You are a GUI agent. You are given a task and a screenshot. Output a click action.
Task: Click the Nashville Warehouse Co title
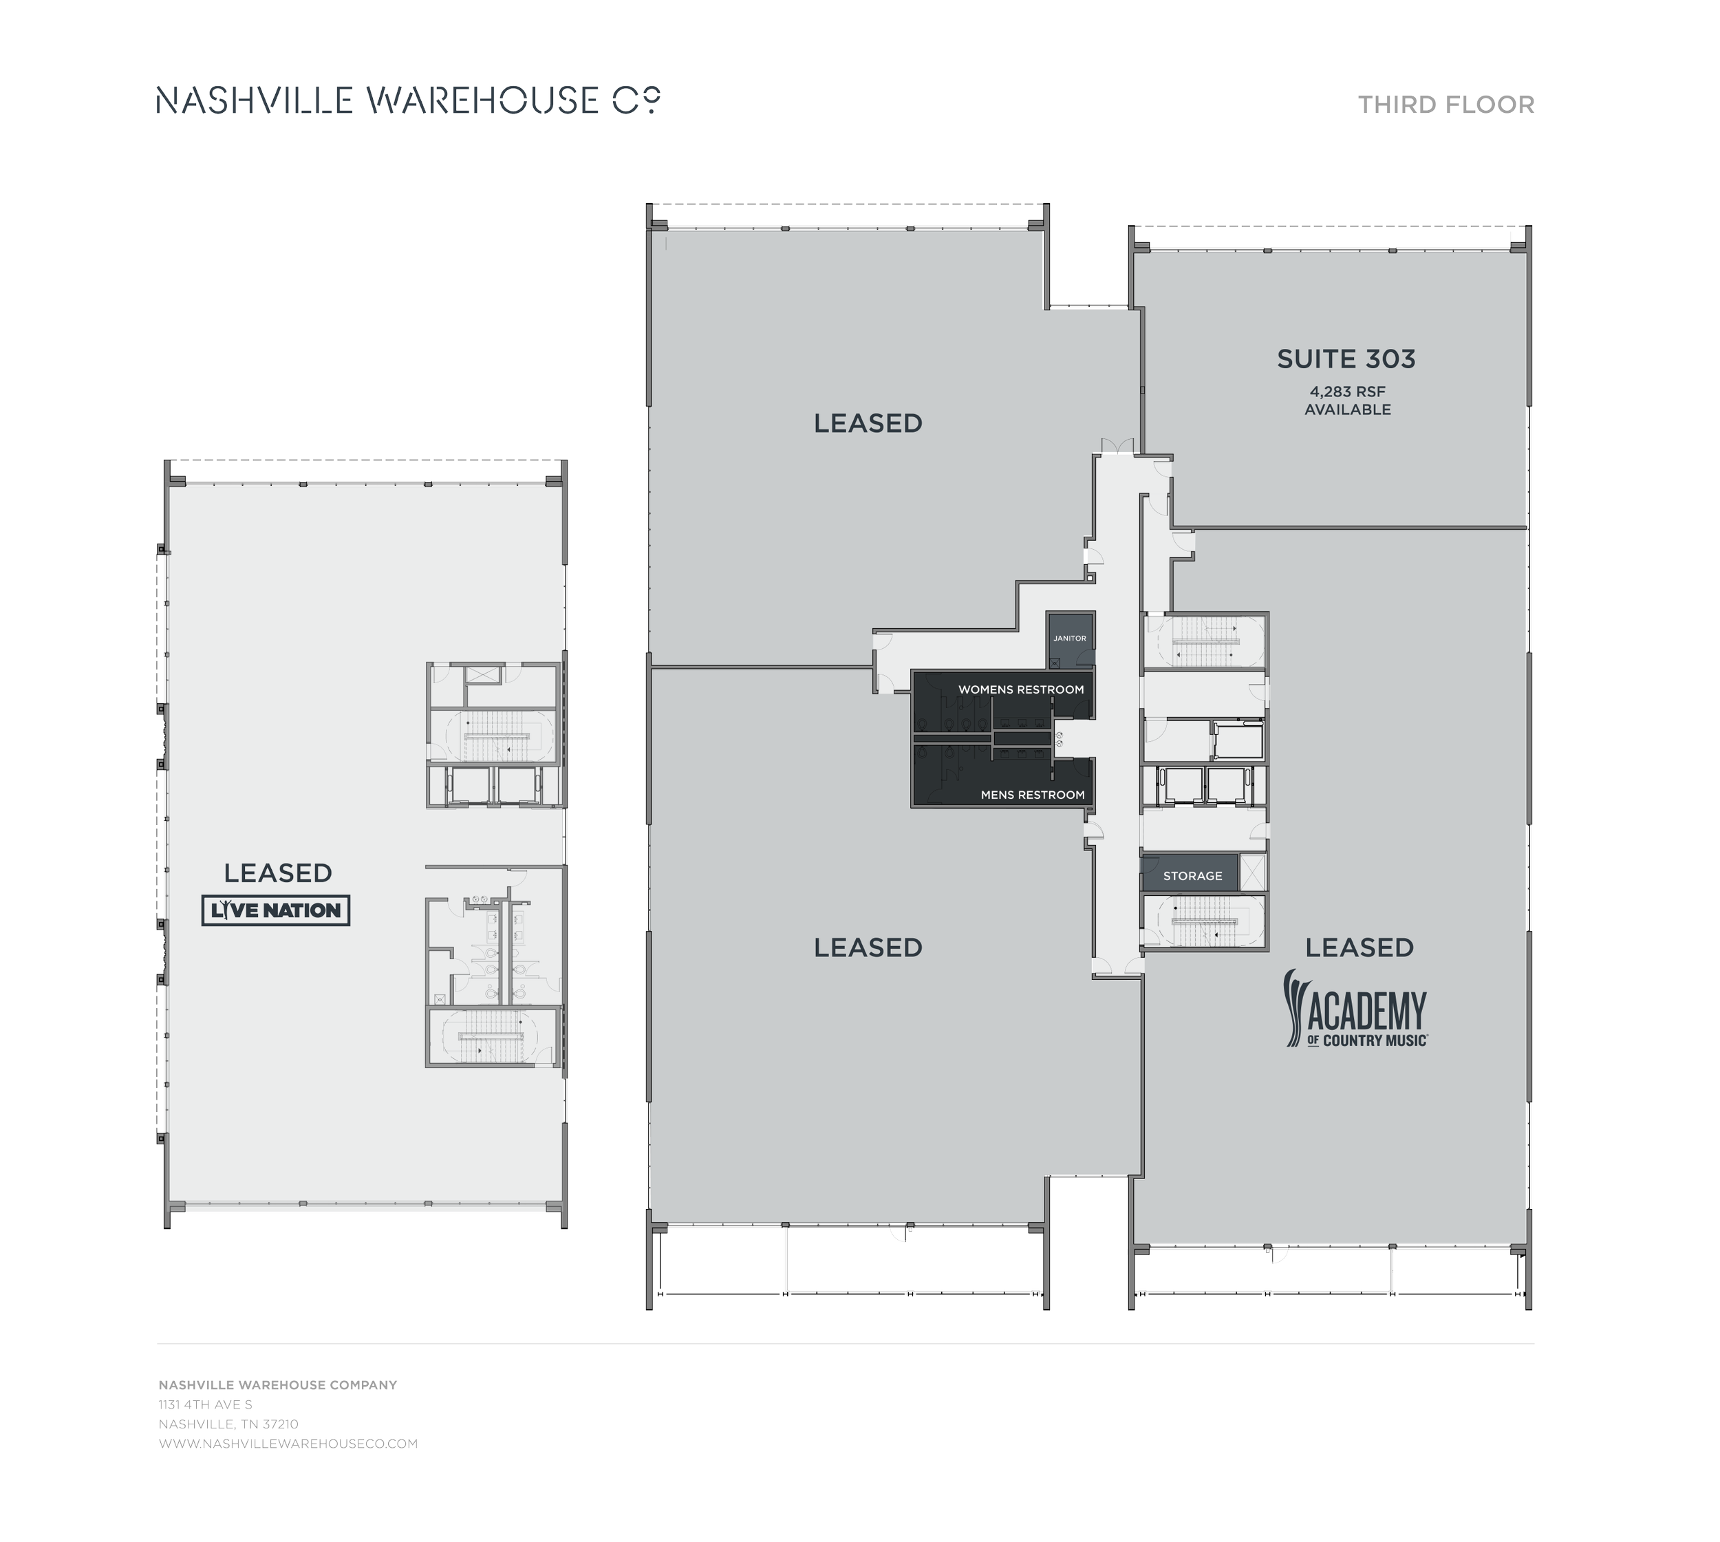pyautogui.click(x=407, y=101)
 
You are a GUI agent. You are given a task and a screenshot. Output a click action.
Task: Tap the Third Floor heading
pyautogui.click(x=1446, y=105)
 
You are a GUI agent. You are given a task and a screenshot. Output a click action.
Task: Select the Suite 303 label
pyautogui.click(x=1346, y=359)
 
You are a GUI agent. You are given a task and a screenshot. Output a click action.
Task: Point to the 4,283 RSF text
pyautogui.click(x=1347, y=392)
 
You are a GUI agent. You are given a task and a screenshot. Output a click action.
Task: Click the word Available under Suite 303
pyautogui.click(x=1347, y=410)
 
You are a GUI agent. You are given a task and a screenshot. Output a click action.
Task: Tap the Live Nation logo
pyautogui.click(x=275, y=911)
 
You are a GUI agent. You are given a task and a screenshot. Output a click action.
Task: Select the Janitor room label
pyautogui.click(x=1069, y=639)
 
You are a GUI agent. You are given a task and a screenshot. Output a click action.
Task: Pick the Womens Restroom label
pyautogui.click(x=1021, y=689)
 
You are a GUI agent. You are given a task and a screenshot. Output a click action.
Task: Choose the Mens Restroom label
pyautogui.click(x=1032, y=795)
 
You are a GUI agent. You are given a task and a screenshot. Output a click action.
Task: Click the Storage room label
pyautogui.click(x=1192, y=876)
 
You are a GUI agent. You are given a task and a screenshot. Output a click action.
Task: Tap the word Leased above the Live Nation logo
pyautogui.click(x=277, y=872)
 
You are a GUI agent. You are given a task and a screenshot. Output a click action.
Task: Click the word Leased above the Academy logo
pyautogui.click(x=1359, y=947)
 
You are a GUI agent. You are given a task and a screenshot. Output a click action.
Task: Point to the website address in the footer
pyautogui.click(x=288, y=1444)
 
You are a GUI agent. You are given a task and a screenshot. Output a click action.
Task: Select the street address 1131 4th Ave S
pyautogui.click(x=206, y=1405)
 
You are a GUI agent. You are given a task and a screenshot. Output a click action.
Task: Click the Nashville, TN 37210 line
pyautogui.click(x=229, y=1424)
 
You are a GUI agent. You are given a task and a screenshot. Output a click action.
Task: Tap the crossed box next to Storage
pyautogui.click(x=1252, y=872)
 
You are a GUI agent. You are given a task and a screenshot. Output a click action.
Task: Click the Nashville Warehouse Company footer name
pyautogui.click(x=277, y=1385)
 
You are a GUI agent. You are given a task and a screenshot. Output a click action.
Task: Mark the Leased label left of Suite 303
pyautogui.click(x=868, y=424)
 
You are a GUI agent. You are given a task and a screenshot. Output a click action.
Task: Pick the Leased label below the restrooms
pyautogui.click(x=868, y=947)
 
